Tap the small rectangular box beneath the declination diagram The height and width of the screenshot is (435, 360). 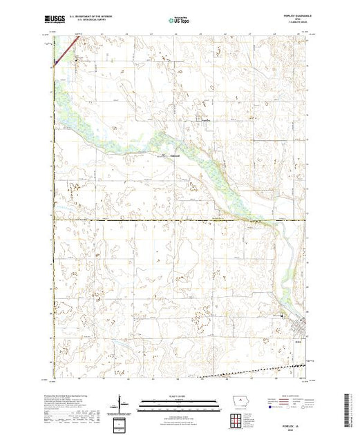pos(122,421)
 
